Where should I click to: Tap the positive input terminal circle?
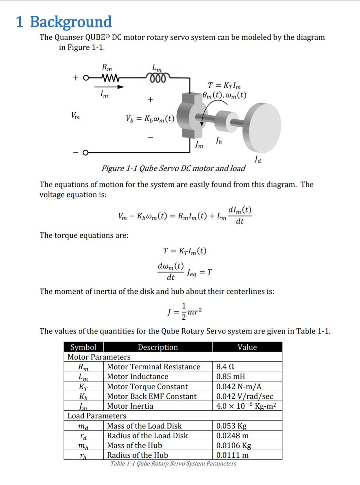[x=86, y=78]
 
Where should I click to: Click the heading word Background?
[x=71, y=22]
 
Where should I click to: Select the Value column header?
[x=247, y=347]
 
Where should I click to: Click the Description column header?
[x=158, y=347]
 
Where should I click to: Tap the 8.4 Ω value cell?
[x=225, y=367]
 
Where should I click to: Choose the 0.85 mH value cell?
[x=230, y=376]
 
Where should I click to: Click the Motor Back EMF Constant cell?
[x=152, y=396]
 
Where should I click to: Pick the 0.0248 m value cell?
[x=232, y=436]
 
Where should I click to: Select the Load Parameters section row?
[x=97, y=416]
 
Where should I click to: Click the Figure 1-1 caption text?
[x=174, y=168]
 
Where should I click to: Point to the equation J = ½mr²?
[x=185, y=312]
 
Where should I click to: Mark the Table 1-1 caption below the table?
[x=173, y=463]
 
